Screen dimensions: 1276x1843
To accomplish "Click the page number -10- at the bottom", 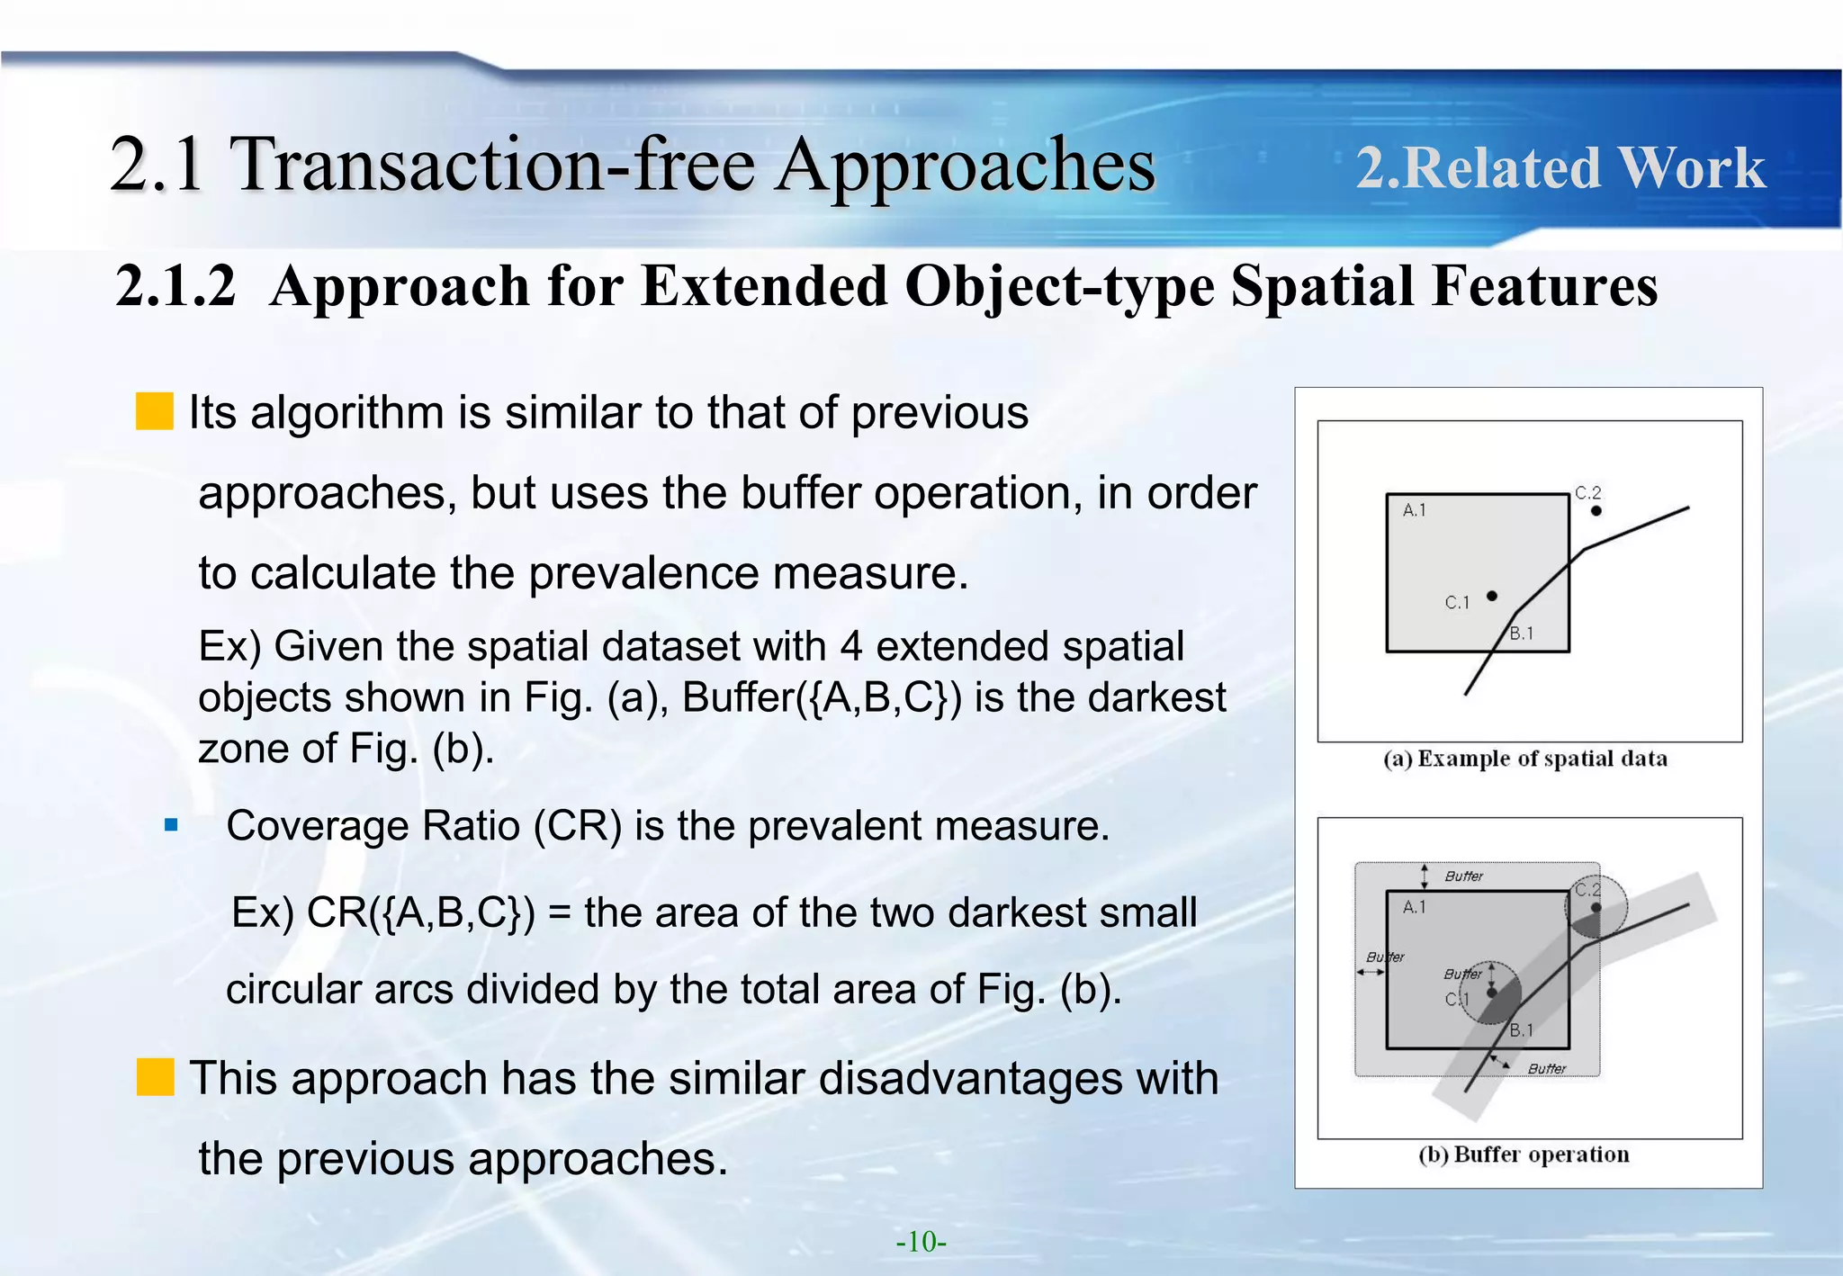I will (921, 1242).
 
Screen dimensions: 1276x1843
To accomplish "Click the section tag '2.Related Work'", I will (1560, 168).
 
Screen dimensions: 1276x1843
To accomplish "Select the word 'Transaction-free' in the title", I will (493, 165).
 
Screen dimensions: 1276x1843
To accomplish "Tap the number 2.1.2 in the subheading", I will (176, 286).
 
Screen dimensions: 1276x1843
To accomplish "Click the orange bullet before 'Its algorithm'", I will (154, 411).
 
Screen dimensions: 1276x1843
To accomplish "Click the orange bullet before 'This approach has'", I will (155, 1077).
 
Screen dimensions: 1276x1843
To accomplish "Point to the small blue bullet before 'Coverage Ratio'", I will (172, 824).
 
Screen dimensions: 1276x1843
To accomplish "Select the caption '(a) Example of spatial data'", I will (1525, 759).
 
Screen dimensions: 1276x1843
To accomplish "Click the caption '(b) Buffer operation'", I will (1524, 1155).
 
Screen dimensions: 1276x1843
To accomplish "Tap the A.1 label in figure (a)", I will (1414, 510).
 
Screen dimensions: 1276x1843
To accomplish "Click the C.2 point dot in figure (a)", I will (1596, 510).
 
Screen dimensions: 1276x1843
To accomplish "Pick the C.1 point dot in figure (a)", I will (1492, 596).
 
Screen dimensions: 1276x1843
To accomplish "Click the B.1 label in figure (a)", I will (1522, 634).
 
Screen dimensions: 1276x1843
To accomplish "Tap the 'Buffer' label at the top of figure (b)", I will (1464, 876).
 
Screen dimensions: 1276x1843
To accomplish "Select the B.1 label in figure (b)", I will (1522, 1030).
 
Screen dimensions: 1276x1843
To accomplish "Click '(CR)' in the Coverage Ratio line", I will (577, 825).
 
